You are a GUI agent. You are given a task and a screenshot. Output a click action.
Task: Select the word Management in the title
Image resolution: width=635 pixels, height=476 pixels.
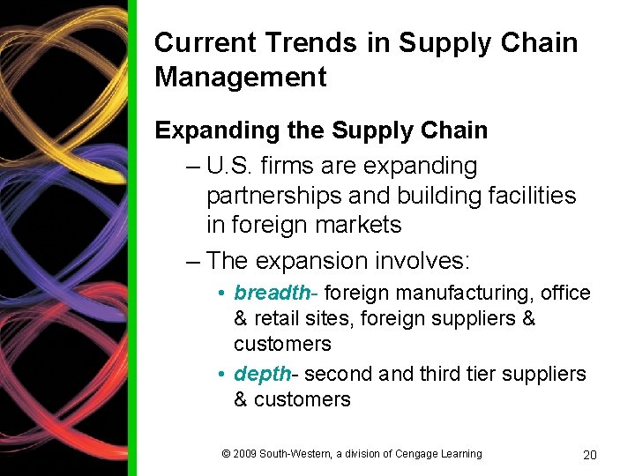click(240, 77)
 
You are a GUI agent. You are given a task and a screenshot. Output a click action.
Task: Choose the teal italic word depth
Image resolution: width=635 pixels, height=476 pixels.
click(262, 374)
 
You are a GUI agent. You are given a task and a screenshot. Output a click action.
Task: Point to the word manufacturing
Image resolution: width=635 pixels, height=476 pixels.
click(469, 293)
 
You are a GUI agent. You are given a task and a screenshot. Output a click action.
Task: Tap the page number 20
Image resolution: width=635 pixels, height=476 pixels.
click(590, 455)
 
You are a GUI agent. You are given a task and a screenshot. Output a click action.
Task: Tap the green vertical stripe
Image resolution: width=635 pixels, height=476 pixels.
click(132, 238)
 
